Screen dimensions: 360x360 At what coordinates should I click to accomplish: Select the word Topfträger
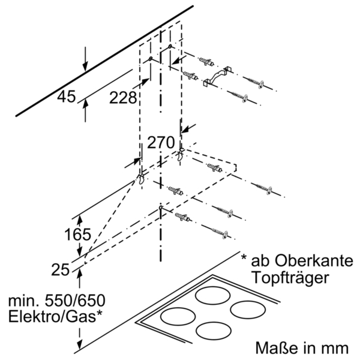[x=290, y=278]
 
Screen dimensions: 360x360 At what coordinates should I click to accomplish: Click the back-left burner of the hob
[x=214, y=295]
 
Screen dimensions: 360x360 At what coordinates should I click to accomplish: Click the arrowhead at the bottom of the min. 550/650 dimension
[x=78, y=347]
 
